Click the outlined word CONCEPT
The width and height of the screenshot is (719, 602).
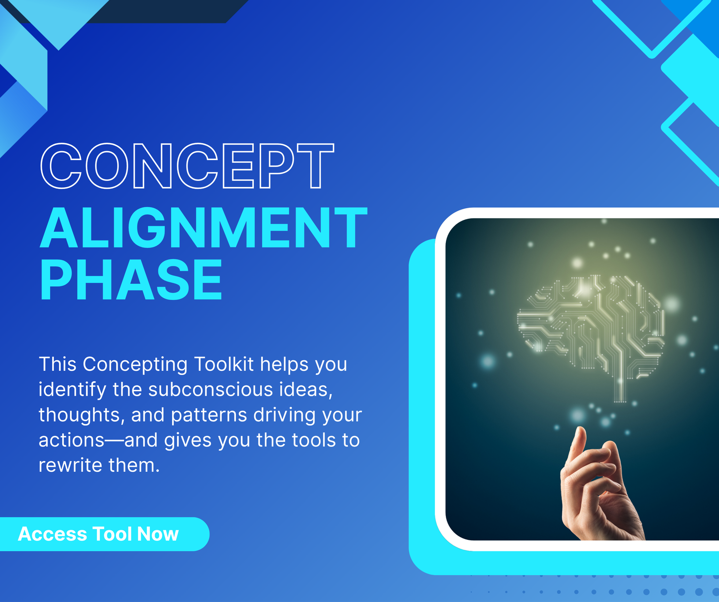(187, 166)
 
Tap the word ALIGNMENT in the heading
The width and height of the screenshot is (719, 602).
(204, 228)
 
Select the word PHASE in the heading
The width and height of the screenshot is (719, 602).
(131, 280)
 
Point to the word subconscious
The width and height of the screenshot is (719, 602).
(210, 390)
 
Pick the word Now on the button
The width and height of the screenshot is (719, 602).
(158, 534)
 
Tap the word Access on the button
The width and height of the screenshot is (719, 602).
(53, 534)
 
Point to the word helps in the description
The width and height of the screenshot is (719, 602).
(284, 364)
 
